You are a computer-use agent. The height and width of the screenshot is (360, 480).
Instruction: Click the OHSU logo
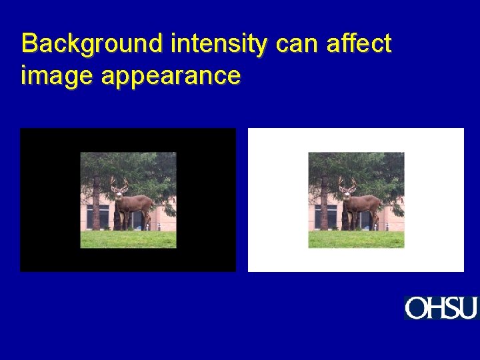441,308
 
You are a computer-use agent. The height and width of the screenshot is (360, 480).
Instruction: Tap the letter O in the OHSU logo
415,308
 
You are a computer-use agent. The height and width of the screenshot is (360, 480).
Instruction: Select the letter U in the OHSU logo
468,308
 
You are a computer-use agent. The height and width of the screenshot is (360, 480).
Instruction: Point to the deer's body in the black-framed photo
137,203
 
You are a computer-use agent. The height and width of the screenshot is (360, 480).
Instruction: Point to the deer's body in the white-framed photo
365,203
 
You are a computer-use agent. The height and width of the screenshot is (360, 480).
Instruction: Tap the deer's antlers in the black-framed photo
119,181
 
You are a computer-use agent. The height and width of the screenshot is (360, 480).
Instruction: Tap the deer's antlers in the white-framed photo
347,181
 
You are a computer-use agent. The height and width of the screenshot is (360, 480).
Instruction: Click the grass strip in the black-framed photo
128,239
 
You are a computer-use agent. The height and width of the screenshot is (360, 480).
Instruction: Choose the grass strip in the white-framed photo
356,239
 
